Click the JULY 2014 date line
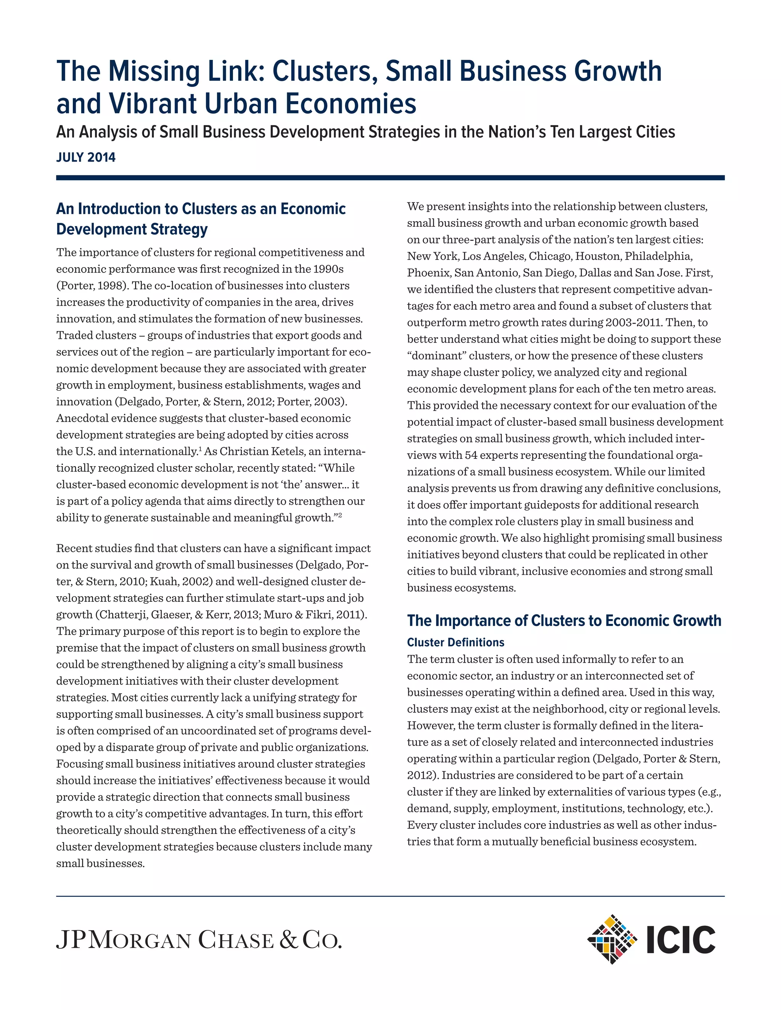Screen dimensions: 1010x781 tap(85, 158)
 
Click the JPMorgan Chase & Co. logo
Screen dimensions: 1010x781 tap(199, 940)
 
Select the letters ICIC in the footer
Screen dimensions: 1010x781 tap(681, 940)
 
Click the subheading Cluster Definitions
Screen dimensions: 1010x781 tap(455, 642)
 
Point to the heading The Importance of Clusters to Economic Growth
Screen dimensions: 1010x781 tap(564, 620)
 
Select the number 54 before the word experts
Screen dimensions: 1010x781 tap(471, 455)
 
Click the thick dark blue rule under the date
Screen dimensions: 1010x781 tap(390, 178)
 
